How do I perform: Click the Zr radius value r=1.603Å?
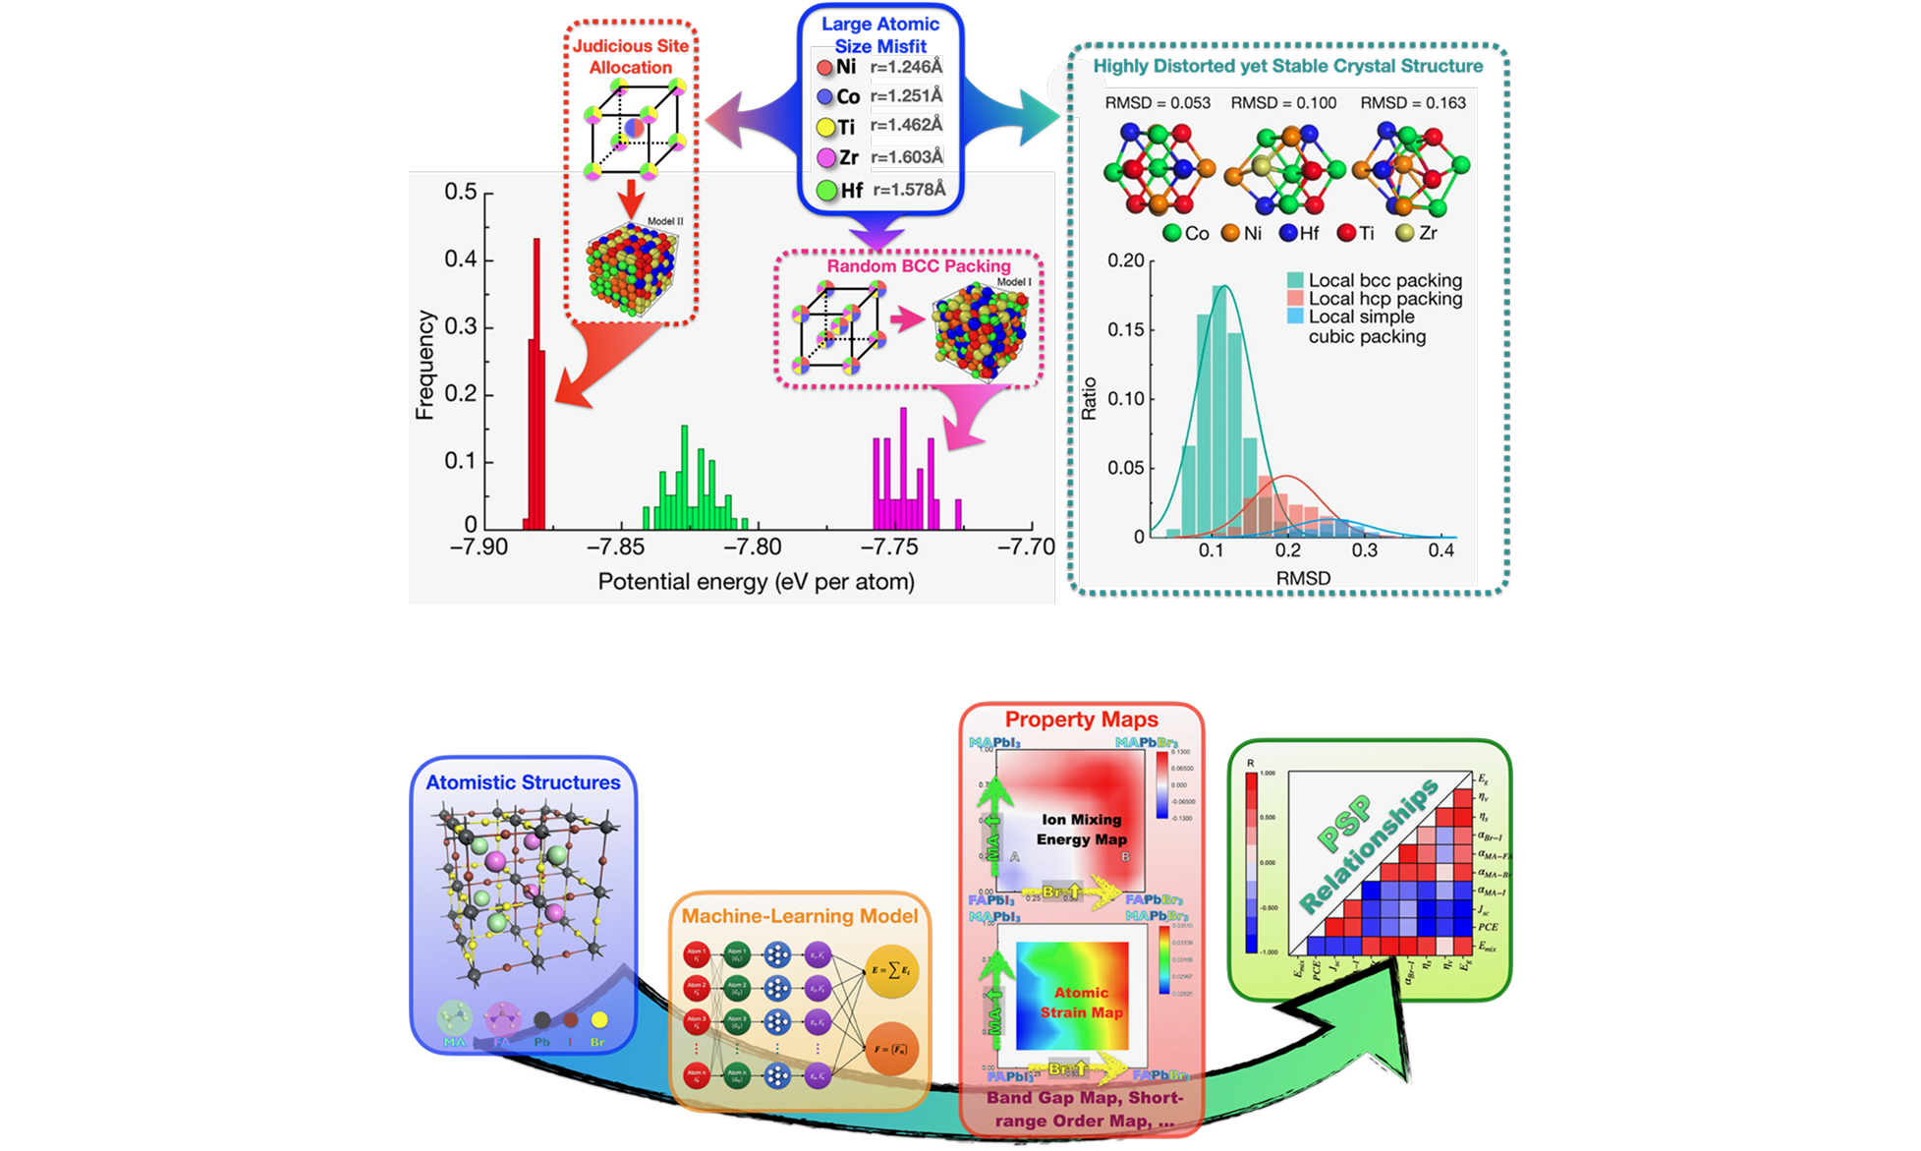[x=906, y=157]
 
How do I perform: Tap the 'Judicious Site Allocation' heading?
[x=631, y=57]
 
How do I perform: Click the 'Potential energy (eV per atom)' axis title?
[x=756, y=582]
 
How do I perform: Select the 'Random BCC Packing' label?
[x=918, y=266]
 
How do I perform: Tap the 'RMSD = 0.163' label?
[x=1412, y=103]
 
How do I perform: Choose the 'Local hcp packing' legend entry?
[x=1384, y=299]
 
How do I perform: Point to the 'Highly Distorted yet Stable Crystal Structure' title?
[x=1287, y=67]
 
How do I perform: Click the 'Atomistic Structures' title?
[x=523, y=783]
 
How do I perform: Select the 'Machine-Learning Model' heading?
[x=799, y=916]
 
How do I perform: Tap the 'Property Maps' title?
[x=1081, y=720]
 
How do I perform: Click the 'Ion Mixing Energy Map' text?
[x=1081, y=830]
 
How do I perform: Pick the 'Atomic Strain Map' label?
[x=1081, y=1003]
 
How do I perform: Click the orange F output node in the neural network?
[x=891, y=1049]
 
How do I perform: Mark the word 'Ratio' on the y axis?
[x=1089, y=398]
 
